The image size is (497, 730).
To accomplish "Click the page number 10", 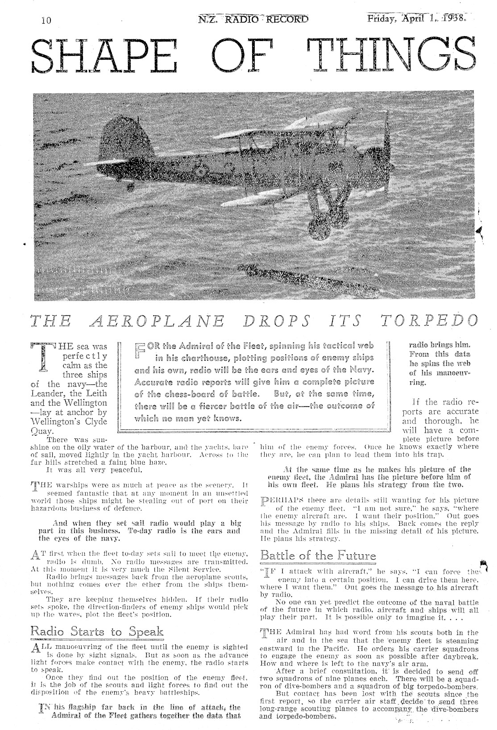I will tap(46, 21).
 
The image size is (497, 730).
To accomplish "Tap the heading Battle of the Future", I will tap(318, 556).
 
